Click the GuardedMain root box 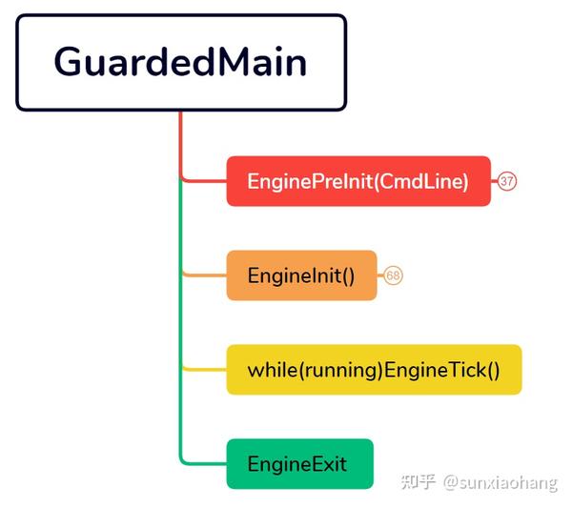point(181,62)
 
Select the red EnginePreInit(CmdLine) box point(358,181)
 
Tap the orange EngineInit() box point(301,275)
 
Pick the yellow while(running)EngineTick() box point(375,370)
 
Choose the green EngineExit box point(300,464)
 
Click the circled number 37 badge point(507,181)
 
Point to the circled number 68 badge point(393,275)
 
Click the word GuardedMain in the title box point(180,62)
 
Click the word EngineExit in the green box point(296,464)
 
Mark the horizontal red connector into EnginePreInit point(204,180)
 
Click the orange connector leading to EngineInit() point(204,275)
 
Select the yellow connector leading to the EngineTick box point(204,370)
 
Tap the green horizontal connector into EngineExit point(204,463)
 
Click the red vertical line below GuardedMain point(180,145)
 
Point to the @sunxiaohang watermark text point(500,483)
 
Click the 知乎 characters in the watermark point(419,481)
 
